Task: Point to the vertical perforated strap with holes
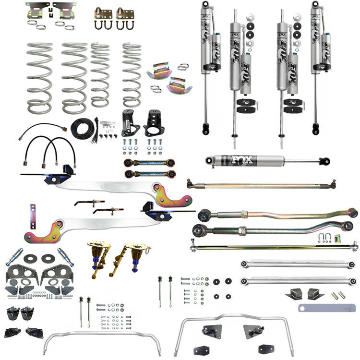pos(33,216)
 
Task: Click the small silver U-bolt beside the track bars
pos(325,238)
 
